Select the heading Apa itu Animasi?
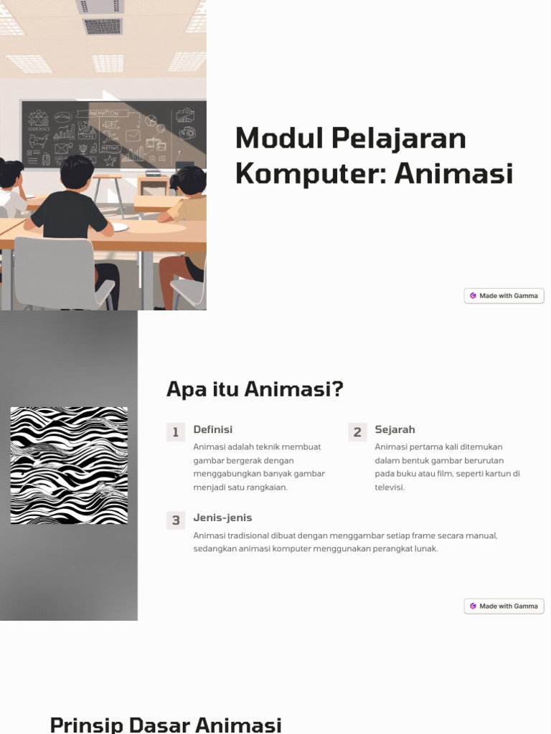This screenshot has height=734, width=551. (255, 390)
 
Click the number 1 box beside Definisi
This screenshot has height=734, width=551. (176, 432)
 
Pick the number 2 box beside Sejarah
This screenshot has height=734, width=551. (357, 432)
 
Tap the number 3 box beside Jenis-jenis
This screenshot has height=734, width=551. (176, 520)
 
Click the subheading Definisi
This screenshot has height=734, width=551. (212, 429)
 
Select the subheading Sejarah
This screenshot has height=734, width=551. (395, 429)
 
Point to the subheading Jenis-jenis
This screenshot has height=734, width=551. (222, 518)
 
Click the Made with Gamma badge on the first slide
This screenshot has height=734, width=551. (504, 295)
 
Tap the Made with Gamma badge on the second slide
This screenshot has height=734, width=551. (504, 606)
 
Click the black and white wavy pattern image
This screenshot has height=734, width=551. (69, 465)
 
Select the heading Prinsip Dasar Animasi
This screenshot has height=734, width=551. (166, 724)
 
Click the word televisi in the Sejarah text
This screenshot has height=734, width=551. (389, 487)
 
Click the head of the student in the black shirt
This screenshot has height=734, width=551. (77, 173)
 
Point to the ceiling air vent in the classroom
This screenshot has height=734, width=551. (103, 27)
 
